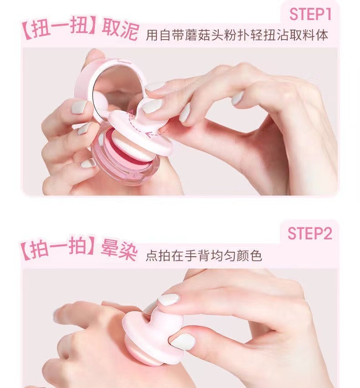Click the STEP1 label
pos(309,15)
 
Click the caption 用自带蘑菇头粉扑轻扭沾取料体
pos(237,36)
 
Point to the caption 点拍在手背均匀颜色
pos(204,255)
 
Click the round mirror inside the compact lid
pos(114,89)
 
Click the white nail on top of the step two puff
pos(169,299)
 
